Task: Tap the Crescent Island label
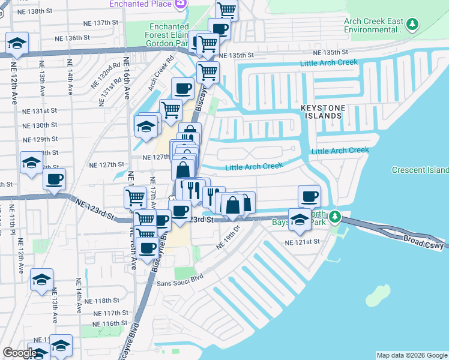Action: point(420,170)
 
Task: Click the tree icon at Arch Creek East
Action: point(412,24)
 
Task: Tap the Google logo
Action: point(20,353)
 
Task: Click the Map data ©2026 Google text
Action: point(411,355)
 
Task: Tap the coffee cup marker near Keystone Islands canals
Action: point(309,196)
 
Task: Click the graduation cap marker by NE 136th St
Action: point(17,43)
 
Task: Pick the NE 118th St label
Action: point(103,301)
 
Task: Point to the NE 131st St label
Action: point(40,111)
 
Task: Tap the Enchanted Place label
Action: point(139,4)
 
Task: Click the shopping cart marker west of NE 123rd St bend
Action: point(136,196)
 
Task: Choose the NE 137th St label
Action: point(98,22)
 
